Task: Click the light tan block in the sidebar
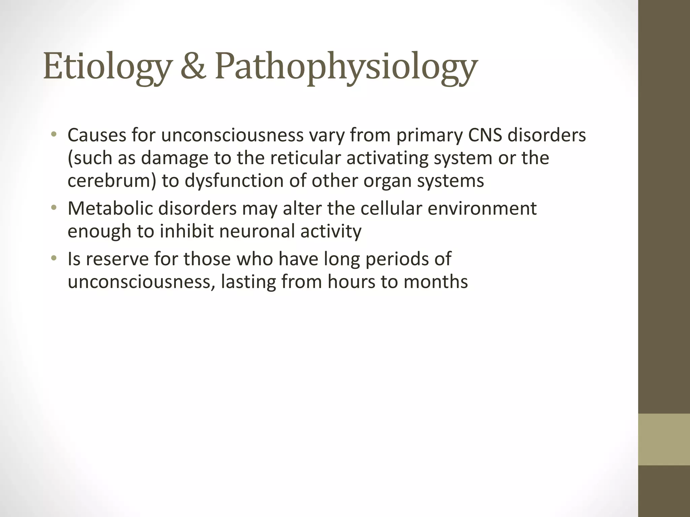pos(664,439)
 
